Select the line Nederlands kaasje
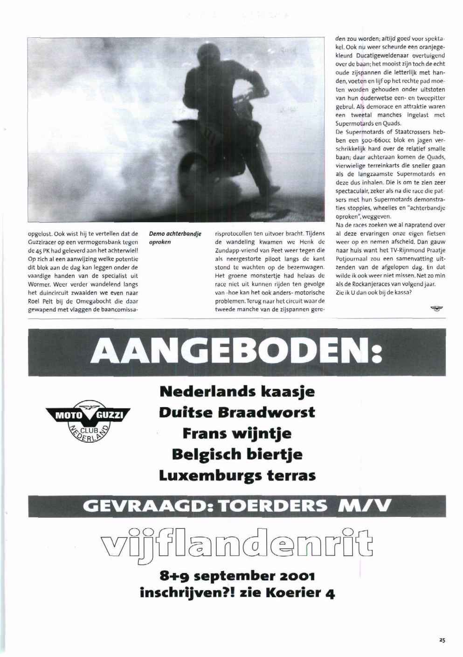pos(237,391)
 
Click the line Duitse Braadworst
pos(237,412)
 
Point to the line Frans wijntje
pos(237,433)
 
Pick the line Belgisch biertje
pos(237,454)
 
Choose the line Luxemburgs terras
pos(237,475)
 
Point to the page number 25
pos(442,640)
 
